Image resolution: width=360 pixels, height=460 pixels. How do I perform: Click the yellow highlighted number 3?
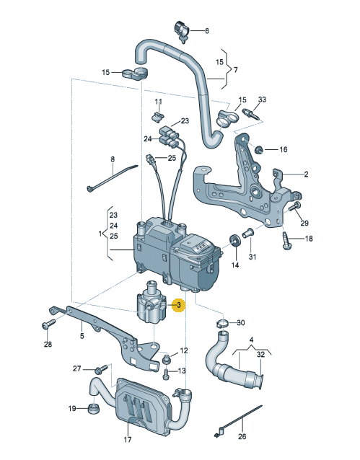point(179,306)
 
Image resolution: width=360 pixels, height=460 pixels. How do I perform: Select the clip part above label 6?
point(183,32)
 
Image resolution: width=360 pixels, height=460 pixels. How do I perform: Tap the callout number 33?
point(262,99)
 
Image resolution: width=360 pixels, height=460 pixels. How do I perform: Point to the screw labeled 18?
point(287,241)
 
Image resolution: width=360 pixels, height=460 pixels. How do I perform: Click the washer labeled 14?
point(235,241)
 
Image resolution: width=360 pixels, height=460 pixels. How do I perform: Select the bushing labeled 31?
point(247,234)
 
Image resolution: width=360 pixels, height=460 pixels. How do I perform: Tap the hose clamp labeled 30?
point(224,323)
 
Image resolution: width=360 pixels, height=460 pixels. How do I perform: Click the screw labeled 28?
point(49,324)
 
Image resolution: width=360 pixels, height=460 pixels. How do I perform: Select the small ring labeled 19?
point(94,408)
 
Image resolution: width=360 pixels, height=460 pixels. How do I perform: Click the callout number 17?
point(128,440)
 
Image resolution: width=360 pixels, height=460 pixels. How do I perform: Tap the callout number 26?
point(242,436)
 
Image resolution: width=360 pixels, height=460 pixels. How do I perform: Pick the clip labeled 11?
point(158,116)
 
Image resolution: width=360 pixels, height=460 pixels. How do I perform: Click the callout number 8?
point(113,159)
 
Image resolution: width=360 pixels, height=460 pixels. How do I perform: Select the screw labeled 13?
point(166,373)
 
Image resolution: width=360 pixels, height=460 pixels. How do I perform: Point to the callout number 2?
point(306,174)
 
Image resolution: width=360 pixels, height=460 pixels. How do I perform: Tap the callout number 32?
point(260,355)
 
